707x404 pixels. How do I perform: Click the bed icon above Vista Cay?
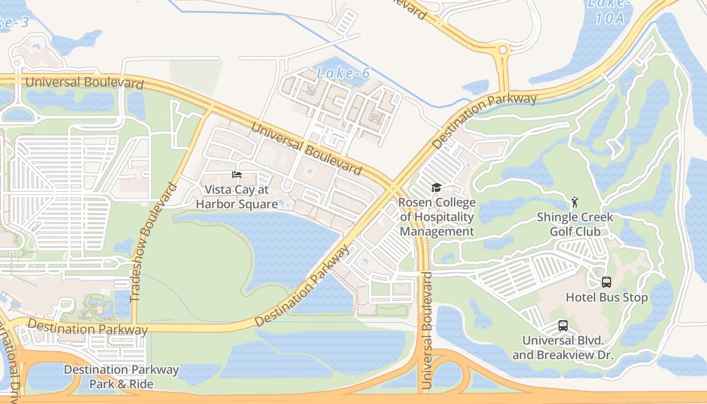coord(237,175)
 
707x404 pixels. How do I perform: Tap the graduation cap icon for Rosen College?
coord(436,188)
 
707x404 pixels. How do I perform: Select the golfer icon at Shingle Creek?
coord(574,203)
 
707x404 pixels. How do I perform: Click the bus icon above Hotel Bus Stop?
coord(607,282)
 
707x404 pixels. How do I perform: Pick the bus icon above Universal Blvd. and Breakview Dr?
coord(563,326)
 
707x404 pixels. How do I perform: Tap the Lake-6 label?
coord(343,73)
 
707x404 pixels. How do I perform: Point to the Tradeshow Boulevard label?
coord(153,243)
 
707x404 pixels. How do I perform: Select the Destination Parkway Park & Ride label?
coord(121,377)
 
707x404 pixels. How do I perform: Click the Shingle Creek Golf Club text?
coord(575,224)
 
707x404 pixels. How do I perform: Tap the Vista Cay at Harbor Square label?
coord(237,197)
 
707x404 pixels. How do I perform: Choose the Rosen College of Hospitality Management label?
coord(437,217)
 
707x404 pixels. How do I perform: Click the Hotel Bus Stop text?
coord(607,297)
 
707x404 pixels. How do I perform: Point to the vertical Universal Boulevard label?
coord(427,331)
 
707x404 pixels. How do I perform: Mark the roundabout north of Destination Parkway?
coord(503,49)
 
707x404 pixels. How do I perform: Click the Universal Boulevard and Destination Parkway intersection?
coord(393,189)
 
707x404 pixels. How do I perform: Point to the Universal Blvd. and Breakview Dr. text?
coord(563,347)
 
